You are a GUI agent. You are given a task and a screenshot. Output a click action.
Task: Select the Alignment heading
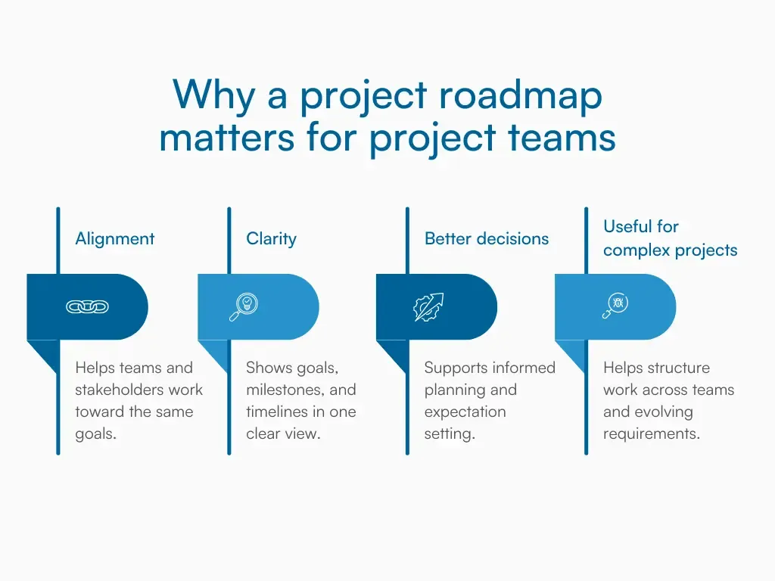pyautogui.click(x=114, y=239)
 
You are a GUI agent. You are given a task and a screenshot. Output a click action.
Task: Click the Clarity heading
pyautogui.click(x=271, y=239)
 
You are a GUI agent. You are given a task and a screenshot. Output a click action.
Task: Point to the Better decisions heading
pyautogui.click(x=486, y=239)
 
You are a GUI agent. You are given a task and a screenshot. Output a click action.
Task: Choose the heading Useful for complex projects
pyautogui.click(x=670, y=238)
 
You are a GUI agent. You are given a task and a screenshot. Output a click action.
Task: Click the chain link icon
pyautogui.click(x=87, y=306)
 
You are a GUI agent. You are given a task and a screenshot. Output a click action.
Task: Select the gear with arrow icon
pyautogui.click(x=428, y=307)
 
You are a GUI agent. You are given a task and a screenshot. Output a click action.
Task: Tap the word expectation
pyautogui.click(x=465, y=412)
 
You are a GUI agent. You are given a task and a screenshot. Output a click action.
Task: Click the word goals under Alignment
pyautogui.click(x=95, y=434)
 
